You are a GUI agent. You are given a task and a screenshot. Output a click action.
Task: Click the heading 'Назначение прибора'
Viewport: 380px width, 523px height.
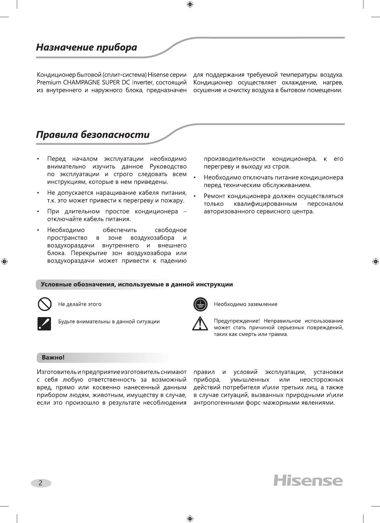[86, 47]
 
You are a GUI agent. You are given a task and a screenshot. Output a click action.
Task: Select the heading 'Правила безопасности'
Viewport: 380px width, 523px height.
[93, 135]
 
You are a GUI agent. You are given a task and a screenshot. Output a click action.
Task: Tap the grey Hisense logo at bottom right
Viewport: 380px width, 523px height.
[308, 481]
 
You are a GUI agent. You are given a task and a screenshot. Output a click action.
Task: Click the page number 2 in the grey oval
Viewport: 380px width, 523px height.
[41, 483]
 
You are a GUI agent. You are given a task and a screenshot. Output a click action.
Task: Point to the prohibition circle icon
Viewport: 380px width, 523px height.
[44, 304]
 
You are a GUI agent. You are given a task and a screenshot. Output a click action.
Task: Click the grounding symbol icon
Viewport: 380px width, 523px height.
[200, 304]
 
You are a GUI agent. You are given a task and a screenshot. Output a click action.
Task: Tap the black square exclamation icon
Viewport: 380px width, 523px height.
[44, 323]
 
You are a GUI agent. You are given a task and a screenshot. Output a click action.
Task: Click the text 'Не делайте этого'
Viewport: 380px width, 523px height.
[80, 304]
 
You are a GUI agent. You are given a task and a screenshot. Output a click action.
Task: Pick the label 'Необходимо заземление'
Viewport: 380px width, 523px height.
[245, 304]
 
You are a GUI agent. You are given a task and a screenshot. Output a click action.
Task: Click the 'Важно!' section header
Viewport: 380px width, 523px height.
[53, 357]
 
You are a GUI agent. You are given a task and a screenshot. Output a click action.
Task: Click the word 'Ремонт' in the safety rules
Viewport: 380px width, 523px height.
[214, 196]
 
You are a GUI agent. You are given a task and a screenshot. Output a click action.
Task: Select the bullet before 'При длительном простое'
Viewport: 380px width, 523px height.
[38, 211]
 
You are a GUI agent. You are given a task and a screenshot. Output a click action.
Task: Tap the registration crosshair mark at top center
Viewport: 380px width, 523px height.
[190, 4]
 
